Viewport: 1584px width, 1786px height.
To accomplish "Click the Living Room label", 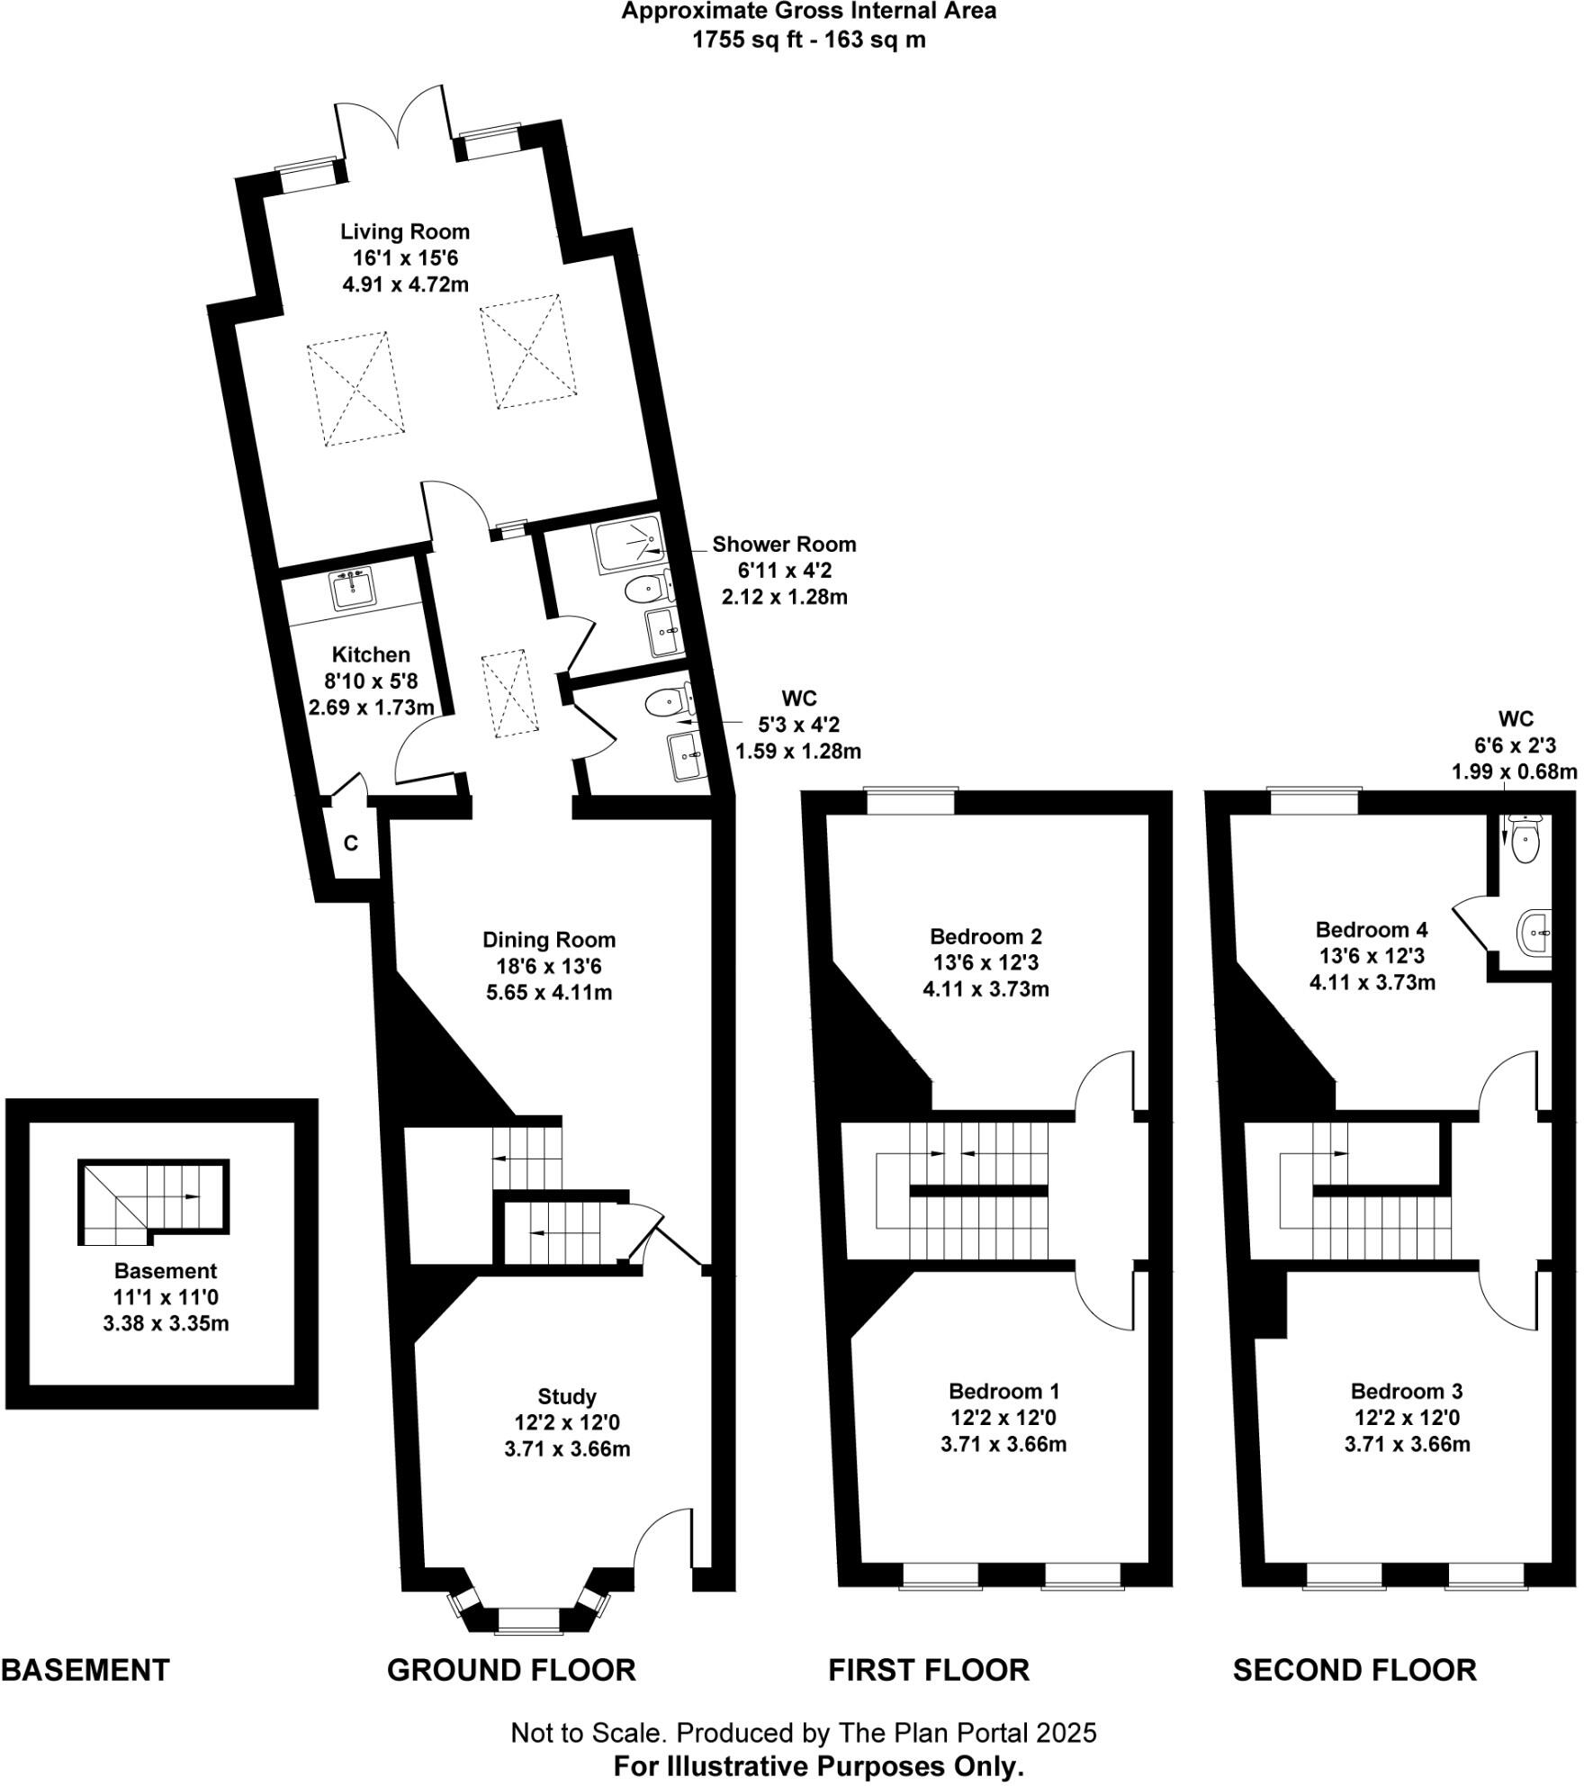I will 405,231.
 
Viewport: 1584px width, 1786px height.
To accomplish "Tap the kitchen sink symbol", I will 352,590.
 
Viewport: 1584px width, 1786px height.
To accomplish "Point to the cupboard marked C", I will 351,843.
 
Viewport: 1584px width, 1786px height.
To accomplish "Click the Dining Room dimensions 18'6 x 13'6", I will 548,967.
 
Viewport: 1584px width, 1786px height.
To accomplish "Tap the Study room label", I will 567,1396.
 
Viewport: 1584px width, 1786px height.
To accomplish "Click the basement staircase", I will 153,1202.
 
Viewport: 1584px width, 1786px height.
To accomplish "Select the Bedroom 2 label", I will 985,936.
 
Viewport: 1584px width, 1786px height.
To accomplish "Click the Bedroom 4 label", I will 1372,929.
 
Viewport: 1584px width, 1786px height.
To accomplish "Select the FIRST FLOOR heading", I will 929,1671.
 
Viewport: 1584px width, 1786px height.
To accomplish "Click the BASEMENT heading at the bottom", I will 85,1671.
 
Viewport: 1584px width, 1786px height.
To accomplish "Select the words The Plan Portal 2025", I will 967,1733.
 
